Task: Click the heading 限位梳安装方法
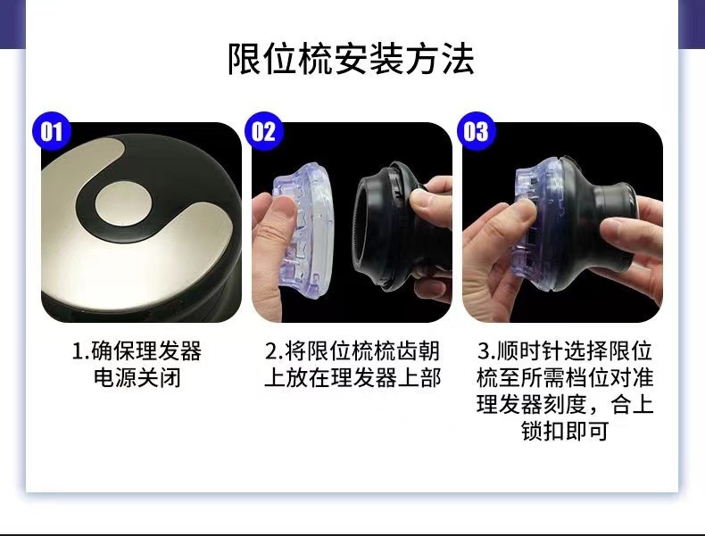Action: (352, 58)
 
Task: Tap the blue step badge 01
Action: (51, 132)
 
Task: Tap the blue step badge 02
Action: (262, 132)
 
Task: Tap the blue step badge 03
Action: (476, 132)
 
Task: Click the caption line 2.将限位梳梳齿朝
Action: (352, 349)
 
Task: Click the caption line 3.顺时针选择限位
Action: (564, 349)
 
